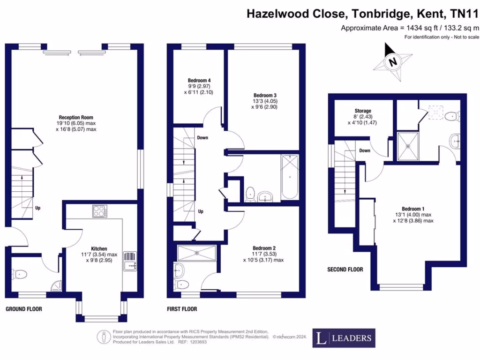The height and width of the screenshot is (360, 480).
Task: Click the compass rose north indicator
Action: click(393, 61)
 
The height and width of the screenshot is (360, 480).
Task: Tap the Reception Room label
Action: click(76, 117)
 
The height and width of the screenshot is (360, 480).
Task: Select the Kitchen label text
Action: click(99, 248)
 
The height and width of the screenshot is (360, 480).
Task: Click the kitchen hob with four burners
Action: click(100, 212)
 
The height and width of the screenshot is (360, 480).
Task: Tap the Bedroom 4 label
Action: click(195, 80)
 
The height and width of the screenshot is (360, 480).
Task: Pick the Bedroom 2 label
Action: click(264, 248)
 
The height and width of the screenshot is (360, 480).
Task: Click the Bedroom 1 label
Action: click(413, 209)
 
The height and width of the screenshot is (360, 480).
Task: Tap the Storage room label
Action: click(363, 111)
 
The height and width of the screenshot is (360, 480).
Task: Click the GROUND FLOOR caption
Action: click(23, 309)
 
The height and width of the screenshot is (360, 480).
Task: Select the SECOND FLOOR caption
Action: click(345, 270)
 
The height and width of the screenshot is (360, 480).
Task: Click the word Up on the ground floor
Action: click(37, 208)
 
